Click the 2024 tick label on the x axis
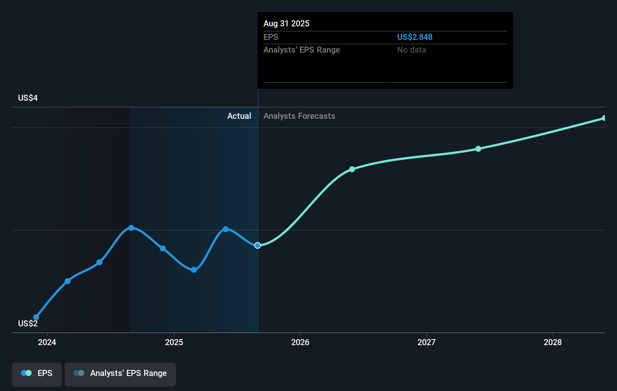click(47, 342)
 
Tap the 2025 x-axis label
click(174, 342)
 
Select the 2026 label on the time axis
click(300, 342)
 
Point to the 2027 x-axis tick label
click(426, 342)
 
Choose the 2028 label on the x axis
click(553, 342)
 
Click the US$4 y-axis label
click(28, 98)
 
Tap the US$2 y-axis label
click(28, 324)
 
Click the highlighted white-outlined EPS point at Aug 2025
click(257, 246)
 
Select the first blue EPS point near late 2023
click(36, 317)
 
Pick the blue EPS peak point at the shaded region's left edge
click(131, 228)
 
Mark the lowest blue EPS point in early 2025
click(194, 270)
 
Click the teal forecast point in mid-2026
click(352, 169)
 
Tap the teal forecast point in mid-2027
click(478, 149)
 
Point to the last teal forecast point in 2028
click(604, 118)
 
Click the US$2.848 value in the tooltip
click(415, 37)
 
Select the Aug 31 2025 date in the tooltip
click(286, 23)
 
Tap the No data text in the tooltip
click(411, 50)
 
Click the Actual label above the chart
click(239, 116)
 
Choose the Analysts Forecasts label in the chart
click(299, 116)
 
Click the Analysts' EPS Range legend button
click(120, 373)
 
